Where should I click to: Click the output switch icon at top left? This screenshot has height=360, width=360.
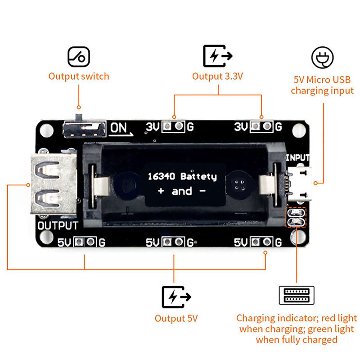(79, 56)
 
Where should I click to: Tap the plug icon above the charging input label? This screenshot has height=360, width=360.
(323, 58)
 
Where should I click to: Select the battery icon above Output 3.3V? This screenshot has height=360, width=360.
(218, 56)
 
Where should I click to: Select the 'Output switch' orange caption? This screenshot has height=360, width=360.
(79, 76)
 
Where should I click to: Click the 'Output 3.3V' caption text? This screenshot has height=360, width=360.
(218, 76)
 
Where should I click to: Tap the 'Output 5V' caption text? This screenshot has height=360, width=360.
(176, 319)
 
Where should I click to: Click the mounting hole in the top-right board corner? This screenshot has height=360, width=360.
(297, 129)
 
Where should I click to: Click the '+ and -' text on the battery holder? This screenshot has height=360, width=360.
(182, 191)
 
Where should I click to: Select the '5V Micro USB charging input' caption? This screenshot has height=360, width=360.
(322, 85)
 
